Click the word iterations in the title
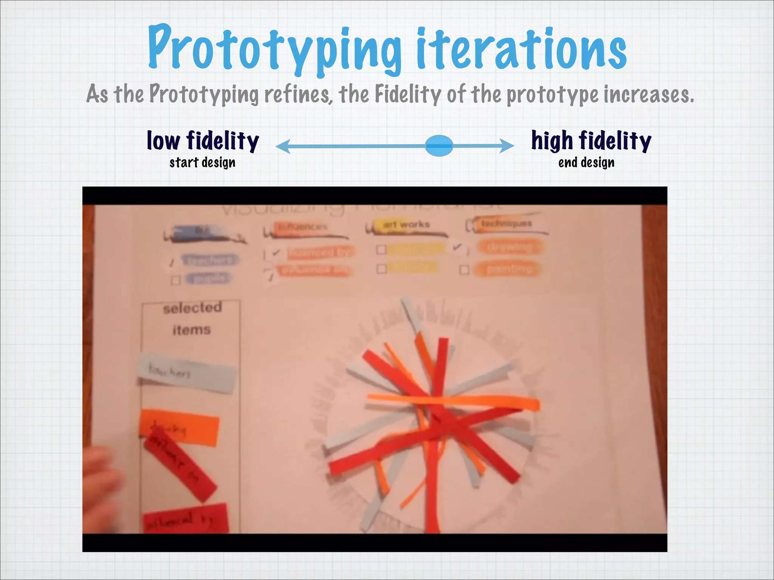(x=522, y=49)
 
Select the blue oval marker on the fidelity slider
(x=439, y=146)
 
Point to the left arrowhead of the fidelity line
(x=283, y=146)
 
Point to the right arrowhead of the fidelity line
(x=507, y=146)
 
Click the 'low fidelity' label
(x=203, y=141)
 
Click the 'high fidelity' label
(x=591, y=141)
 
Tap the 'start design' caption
(x=203, y=163)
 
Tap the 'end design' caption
(x=586, y=163)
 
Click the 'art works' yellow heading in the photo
(x=406, y=225)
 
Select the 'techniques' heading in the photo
(x=506, y=224)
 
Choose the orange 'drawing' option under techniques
(x=510, y=247)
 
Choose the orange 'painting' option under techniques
(x=509, y=269)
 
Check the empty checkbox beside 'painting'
(x=464, y=270)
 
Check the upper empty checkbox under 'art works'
(x=381, y=250)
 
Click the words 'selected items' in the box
(x=192, y=318)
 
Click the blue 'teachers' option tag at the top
(x=210, y=260)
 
